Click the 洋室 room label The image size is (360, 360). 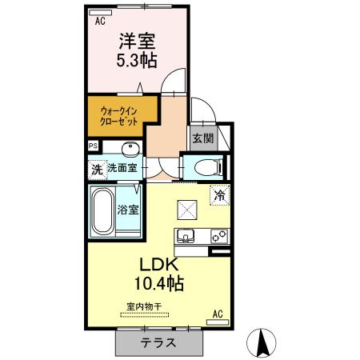click(x=138, y=39)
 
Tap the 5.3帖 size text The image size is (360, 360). click(x=138, y=60)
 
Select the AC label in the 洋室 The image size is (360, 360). click(x=100, y=22)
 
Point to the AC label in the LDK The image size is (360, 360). click(x=217, y=314)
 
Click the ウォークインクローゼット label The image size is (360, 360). click(x=118, y=115)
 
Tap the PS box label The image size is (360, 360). click(x=94, y=146)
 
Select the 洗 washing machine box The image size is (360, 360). click(x=96, y=169)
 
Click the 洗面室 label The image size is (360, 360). click(x=122, y=169)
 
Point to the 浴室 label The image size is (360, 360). click(x=128, y=211)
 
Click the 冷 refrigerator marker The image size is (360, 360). click(x=218, y=194)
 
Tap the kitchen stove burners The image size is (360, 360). click(x=218, y=236)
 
